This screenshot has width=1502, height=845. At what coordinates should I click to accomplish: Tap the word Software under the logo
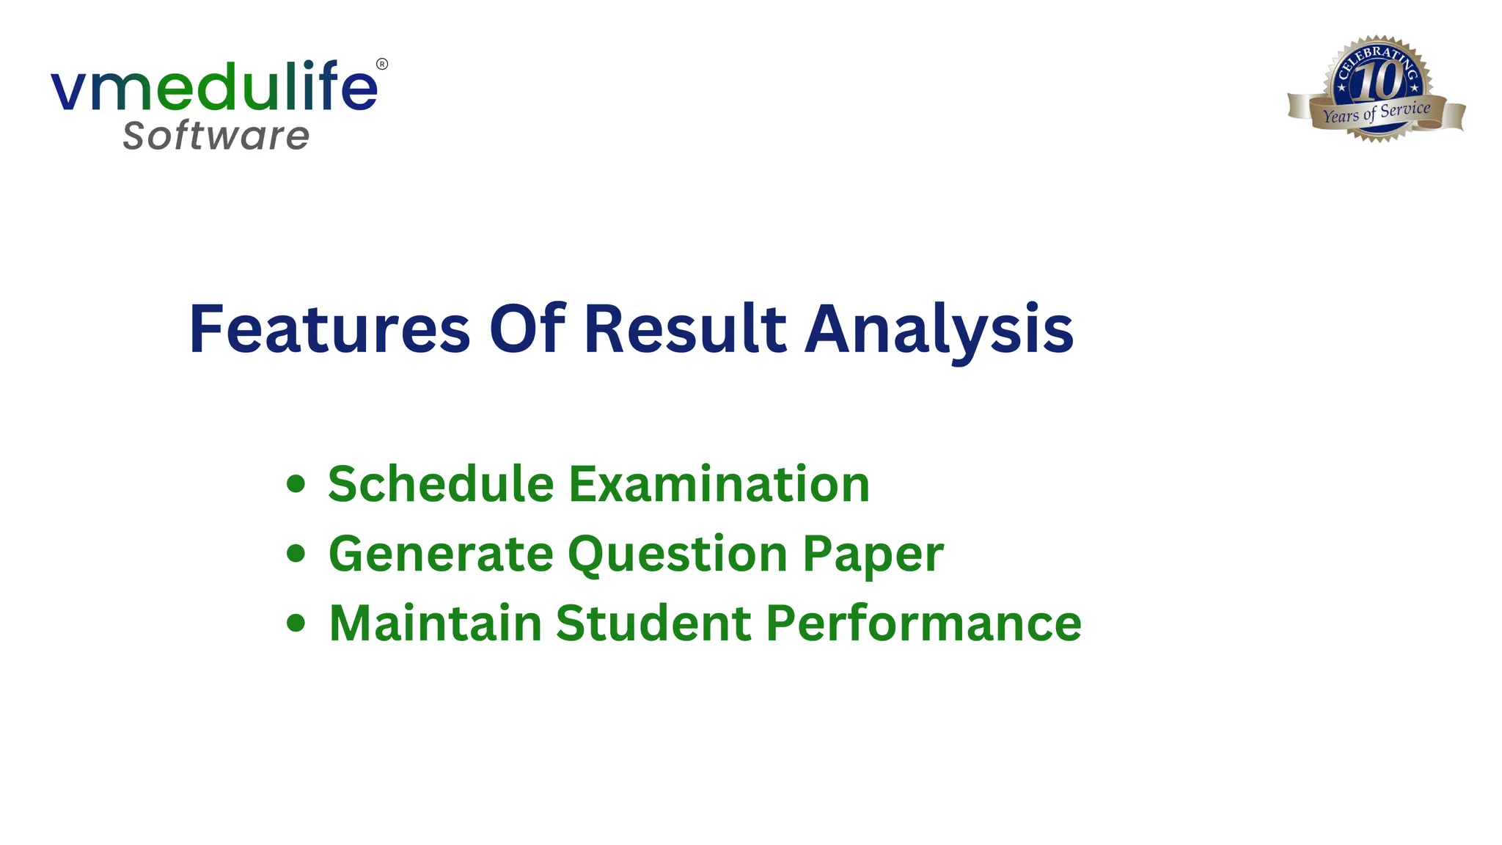[x=216, y=136]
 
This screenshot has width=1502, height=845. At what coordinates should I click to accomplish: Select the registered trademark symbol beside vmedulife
[x=382, y=65]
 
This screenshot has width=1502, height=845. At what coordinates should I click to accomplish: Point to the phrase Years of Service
[x=1377, y=113]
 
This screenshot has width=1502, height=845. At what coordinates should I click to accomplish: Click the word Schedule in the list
[x=441, y=484]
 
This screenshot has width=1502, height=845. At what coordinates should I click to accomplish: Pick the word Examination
[x=719, y=484]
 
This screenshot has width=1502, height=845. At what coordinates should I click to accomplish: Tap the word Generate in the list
[x=441, y=554]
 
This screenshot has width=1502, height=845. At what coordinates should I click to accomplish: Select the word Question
[x=678, y=555]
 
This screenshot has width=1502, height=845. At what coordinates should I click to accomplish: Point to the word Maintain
[x=435, y=623]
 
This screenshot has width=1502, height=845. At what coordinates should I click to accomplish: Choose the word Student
[x=654, y=623]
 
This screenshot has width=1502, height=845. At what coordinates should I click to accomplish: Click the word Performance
[x=924, y=623]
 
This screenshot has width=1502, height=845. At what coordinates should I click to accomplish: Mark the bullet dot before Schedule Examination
[x=296, y=484]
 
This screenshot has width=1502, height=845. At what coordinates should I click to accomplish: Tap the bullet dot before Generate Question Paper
[x=296, y=554]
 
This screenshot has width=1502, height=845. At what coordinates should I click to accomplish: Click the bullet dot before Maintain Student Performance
[x=296, y=623]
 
